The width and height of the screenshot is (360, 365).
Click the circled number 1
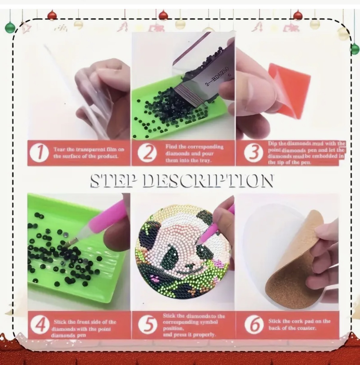pyautogui.click(x=39, y=153)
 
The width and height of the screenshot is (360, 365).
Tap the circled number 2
pyautogui.click(x=147, y=153)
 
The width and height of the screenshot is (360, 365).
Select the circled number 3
pyautogui.click(x=254, y=153)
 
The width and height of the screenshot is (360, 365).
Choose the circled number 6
pyautogui.click(x=254, y=325)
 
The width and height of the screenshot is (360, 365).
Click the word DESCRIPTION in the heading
pyautogui.click(x=208, y=181)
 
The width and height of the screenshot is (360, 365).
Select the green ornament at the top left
pyautogui.click(x=10, y=28)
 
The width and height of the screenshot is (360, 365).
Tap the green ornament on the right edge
pyautogui.click(x=355, y=49)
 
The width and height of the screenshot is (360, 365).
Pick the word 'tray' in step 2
pyautogui.click(x=206, y=160)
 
